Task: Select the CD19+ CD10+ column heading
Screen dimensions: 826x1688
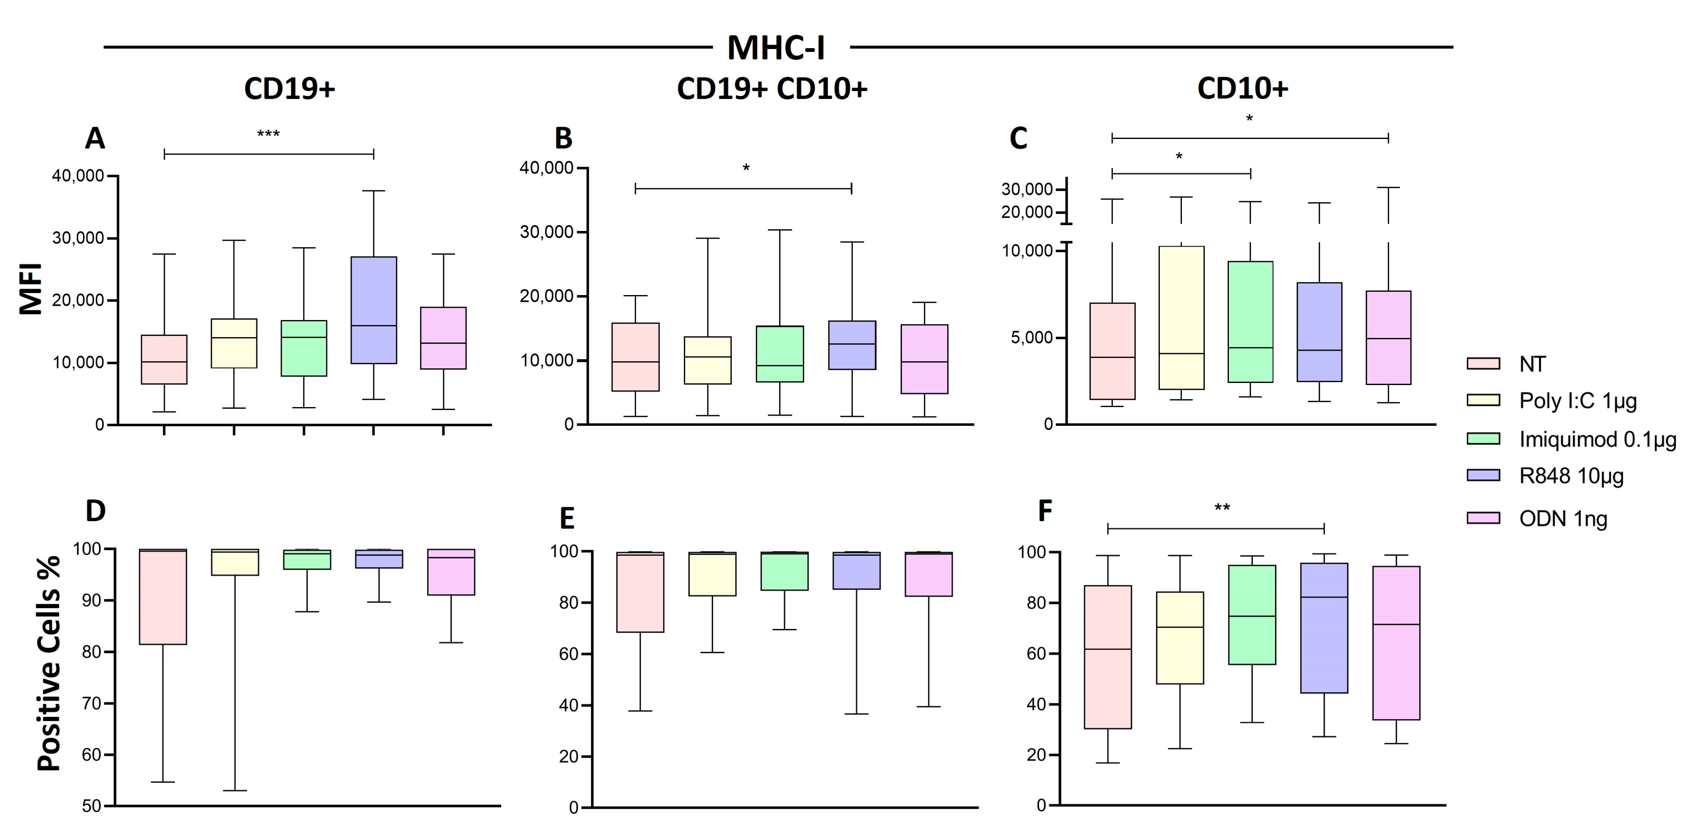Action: click(772, 88)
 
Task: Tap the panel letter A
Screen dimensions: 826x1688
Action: click(95, 139)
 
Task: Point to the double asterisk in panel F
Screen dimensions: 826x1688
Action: click(1222, 508)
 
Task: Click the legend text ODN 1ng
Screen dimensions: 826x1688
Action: click(1563, 519)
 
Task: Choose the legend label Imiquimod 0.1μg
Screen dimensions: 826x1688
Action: click(1597, 439)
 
